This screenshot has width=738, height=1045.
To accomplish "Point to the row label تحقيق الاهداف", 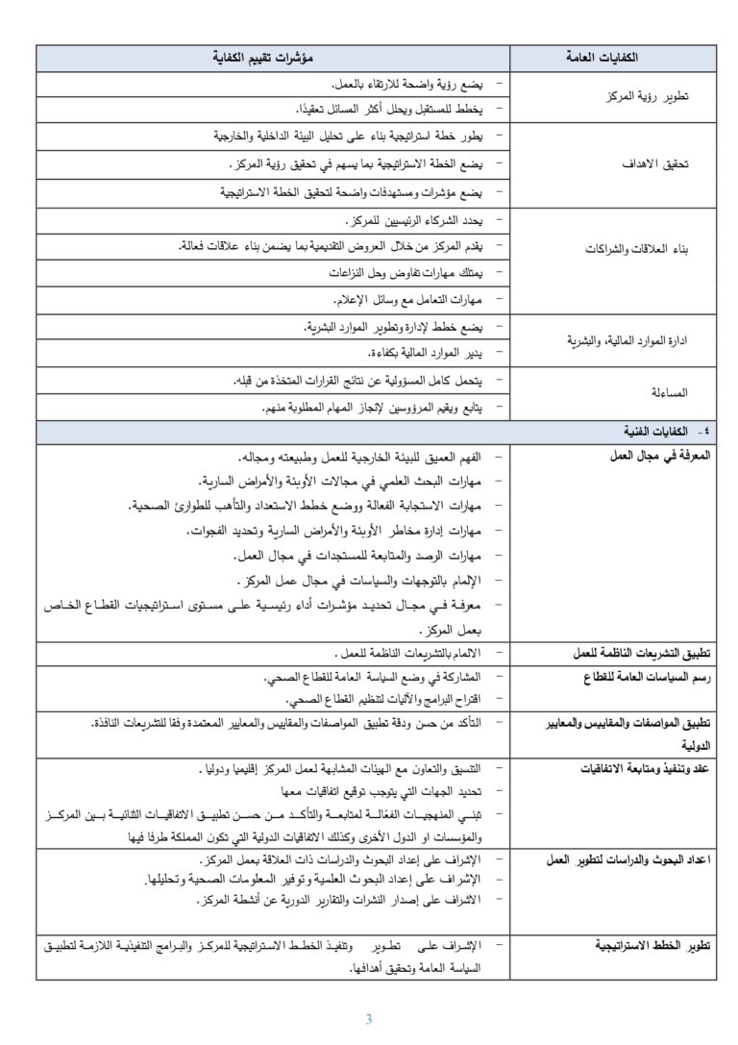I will tap(663, 164).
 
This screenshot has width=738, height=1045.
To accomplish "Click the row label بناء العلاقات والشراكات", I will tap(637, 248).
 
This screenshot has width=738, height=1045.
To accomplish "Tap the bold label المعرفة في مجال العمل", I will tap(658, 457).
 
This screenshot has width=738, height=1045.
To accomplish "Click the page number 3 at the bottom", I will tap(369, 1020).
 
